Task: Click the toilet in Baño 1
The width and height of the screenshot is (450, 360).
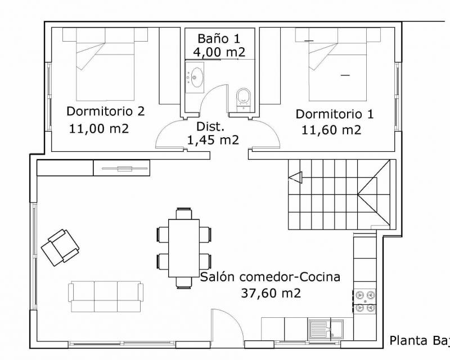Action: (x=244, y=99)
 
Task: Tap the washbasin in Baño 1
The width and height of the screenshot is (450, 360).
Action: (x=195, y=78)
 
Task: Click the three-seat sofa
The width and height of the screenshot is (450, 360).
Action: (x=106, y=296)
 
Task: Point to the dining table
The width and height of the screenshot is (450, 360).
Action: (x=184, y=248)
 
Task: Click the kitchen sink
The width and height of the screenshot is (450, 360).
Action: (x=326, y=329)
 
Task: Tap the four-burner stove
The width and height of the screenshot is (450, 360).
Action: (x=364, y=301)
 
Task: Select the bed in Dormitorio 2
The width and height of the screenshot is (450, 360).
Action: (x=105, y=64)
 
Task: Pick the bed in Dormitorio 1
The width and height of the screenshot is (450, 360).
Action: (x=338, y=64)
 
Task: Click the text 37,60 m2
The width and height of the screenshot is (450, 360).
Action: (x=271, y=293)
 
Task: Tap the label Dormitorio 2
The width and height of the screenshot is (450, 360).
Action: (x=105, y=111)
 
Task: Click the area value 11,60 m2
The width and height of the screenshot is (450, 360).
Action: (x=331, y=130)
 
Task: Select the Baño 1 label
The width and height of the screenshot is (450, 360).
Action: (x=219, y=38)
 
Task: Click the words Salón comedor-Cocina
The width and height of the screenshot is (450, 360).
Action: (x=270, y=277)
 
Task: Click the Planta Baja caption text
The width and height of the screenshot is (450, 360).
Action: (x=420, y=341)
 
